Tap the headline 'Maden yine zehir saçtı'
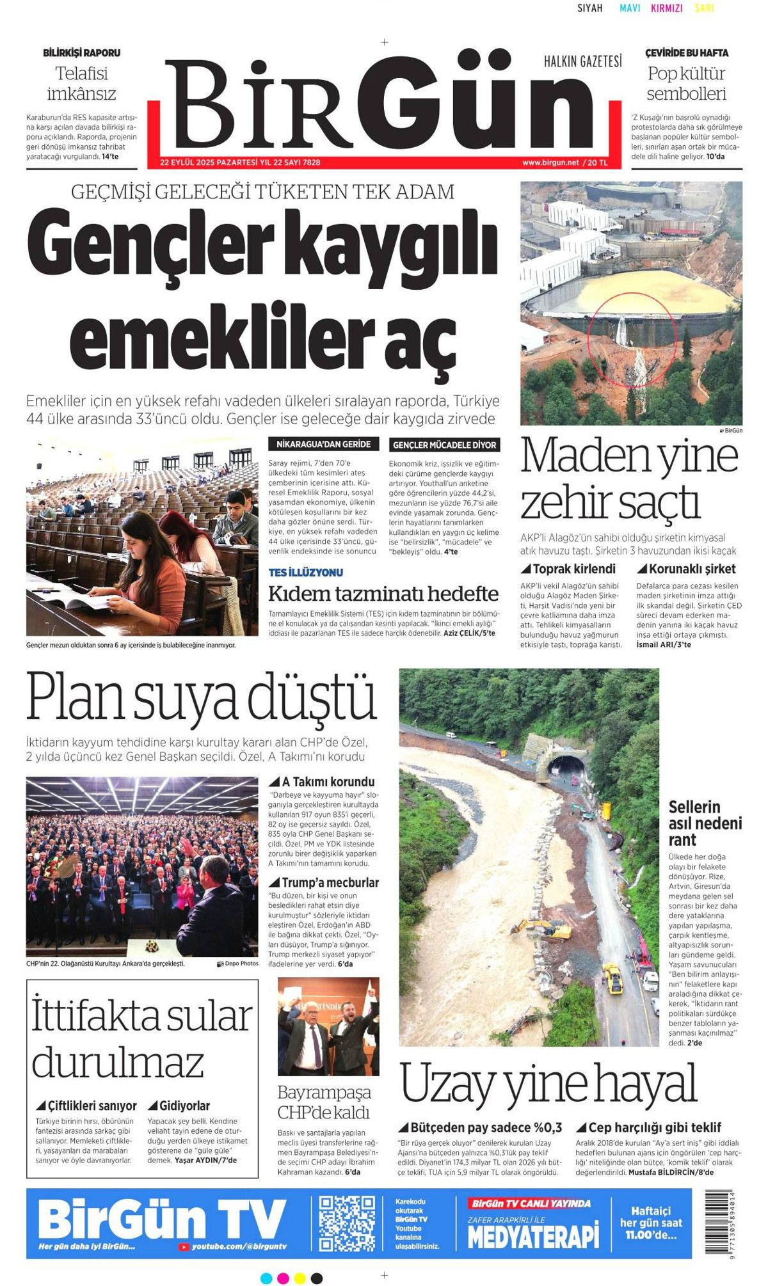coord(628,479)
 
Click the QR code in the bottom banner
coord(347,1223)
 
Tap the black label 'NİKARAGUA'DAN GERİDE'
coord(324,444)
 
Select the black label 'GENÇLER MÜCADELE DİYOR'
coord(444,445)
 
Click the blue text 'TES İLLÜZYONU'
coord(305,572)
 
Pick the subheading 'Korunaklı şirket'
coord(686,569)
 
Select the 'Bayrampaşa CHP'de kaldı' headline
coord(324,1102)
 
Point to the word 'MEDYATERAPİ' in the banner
coord(532,1235)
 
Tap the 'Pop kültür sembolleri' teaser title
coord(686,84)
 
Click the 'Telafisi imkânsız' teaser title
coord(81,84)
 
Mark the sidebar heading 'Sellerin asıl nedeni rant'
coord(705,823)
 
